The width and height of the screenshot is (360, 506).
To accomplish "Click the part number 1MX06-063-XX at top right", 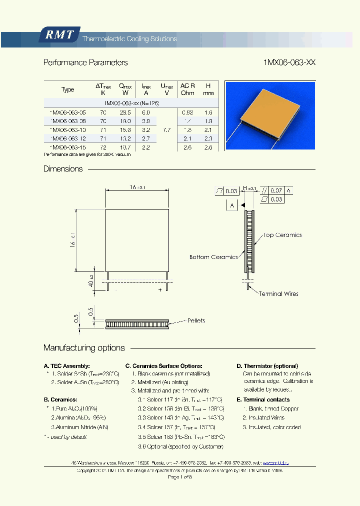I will [289, 62].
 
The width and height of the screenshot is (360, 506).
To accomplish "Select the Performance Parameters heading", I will [85, 62].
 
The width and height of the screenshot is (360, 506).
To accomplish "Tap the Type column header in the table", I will [68, 89].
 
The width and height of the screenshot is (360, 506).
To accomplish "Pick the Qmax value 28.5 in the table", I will [125, 112].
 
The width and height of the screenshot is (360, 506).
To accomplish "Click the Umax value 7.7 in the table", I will [167, 129].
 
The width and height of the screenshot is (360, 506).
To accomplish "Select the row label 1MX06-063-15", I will [64, 146].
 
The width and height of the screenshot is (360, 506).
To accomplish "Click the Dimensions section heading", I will [63, 169].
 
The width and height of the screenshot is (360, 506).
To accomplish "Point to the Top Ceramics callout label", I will [282, 235].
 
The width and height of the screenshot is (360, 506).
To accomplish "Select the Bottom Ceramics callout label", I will [213, 257].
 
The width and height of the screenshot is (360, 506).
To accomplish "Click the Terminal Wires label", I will [278, 293].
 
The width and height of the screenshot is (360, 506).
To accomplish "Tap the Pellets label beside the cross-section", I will [195, 320].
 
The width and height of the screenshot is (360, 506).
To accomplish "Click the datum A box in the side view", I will [232, 205].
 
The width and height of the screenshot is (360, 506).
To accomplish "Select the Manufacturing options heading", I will [84, 348].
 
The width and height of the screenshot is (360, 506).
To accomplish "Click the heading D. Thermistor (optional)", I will [267, 366].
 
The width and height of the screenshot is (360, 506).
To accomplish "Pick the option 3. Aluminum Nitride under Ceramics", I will [79, 427].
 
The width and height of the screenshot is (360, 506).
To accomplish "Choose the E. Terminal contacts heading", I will [263, 399].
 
